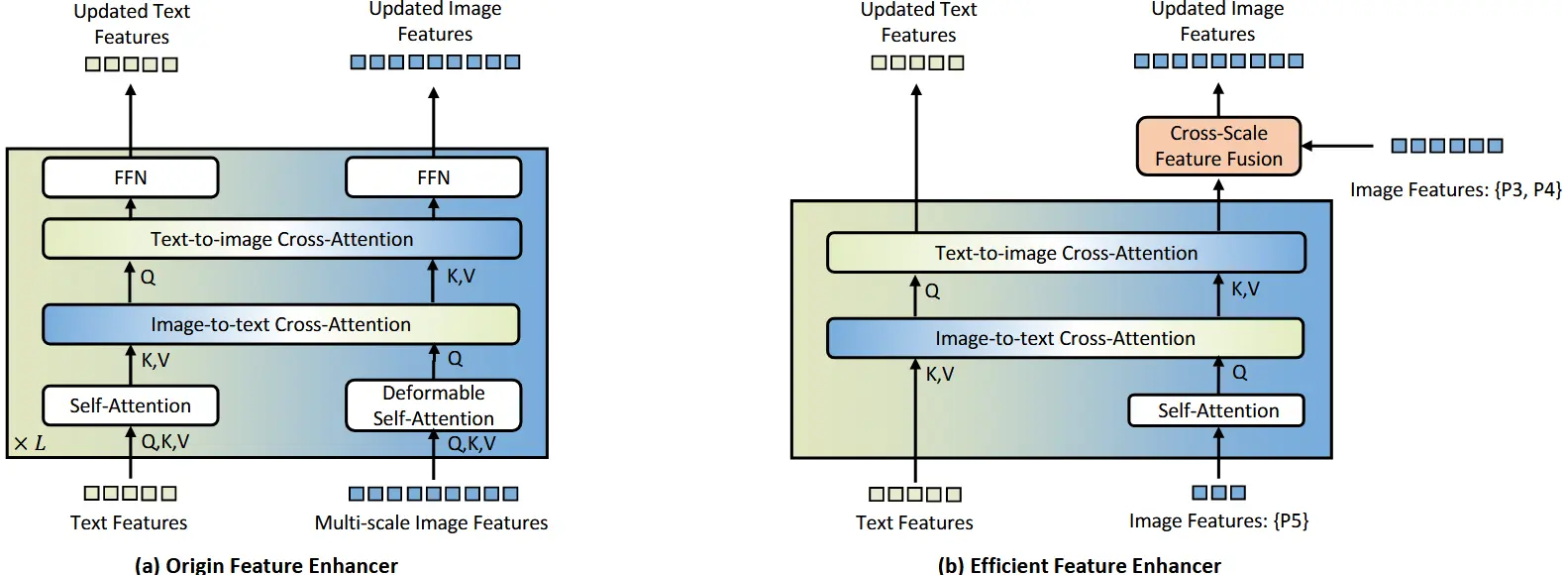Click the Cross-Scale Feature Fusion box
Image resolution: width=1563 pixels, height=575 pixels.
tap(1218, 146)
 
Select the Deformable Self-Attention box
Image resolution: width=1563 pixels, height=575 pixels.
tap(433, 405)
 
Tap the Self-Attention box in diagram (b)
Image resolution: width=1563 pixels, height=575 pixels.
tap(1218, 410)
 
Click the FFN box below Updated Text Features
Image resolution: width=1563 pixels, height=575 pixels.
tap(131, 177)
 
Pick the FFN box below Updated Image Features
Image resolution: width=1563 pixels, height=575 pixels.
tap(433, 177)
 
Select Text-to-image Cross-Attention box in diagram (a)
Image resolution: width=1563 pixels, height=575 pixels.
tap(282, 239)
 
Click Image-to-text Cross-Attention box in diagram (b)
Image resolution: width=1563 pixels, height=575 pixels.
tap(1066, 338)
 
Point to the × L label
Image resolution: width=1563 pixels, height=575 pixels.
tap(30, 444)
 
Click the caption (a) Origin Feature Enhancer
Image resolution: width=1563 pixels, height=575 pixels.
tap(265, 564)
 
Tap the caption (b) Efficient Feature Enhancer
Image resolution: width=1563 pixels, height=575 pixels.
tap(1079, 564)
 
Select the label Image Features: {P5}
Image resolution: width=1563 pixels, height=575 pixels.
tap(1218, 521)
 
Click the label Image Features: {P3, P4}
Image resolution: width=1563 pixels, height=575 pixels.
tap(1456, 190)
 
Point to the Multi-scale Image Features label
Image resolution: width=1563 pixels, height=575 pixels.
tap(431, 522)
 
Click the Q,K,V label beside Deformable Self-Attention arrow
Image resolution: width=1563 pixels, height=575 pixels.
tap(471, 444)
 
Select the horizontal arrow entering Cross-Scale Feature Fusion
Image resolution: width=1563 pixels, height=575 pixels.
tap(1337, 146)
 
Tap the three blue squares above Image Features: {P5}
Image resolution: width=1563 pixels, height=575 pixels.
tap(1218, 493)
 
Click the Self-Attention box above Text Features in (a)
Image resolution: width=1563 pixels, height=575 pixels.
tap(131, 405)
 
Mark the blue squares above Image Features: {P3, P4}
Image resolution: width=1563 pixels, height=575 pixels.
tap(1447, 146)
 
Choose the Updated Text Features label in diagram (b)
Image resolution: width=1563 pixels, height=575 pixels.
tap(918, 23)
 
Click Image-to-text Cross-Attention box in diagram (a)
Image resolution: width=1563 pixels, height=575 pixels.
tap(281, 324)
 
